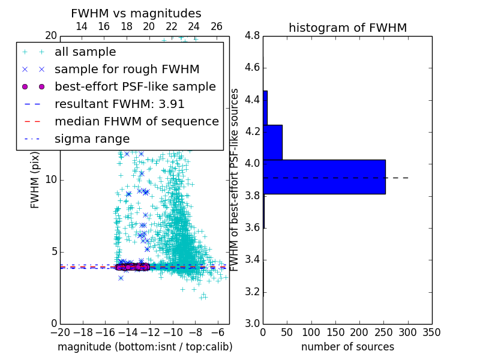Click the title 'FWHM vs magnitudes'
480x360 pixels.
click(x=136, y=13)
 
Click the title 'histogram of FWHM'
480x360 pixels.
click(x=347, y=28)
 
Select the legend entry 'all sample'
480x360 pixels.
click(x=85, y=52)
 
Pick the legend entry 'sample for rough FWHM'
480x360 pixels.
click(x=127, y=69)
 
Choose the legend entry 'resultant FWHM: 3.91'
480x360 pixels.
click(x=119, y=104)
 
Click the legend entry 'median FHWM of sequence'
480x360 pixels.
click(x=136, y=121)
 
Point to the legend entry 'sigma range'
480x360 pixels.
click(x=92, y=139)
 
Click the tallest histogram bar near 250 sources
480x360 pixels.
click(x=324, y=176)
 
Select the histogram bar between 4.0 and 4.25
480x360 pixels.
click(x=272, y=142)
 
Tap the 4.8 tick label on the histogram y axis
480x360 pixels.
click(x=251, y=35)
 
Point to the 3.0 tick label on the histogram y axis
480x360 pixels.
click(x=251, y=323)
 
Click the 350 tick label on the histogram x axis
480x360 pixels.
click(x=431, y=332)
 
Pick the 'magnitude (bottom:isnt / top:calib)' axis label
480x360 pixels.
click(x=145, y=347)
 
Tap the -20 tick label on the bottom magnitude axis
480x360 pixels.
click(x=60, y=332)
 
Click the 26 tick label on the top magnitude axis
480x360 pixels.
click(x=217, y=26)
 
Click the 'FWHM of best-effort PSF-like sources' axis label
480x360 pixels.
click(x=235, y=180)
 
